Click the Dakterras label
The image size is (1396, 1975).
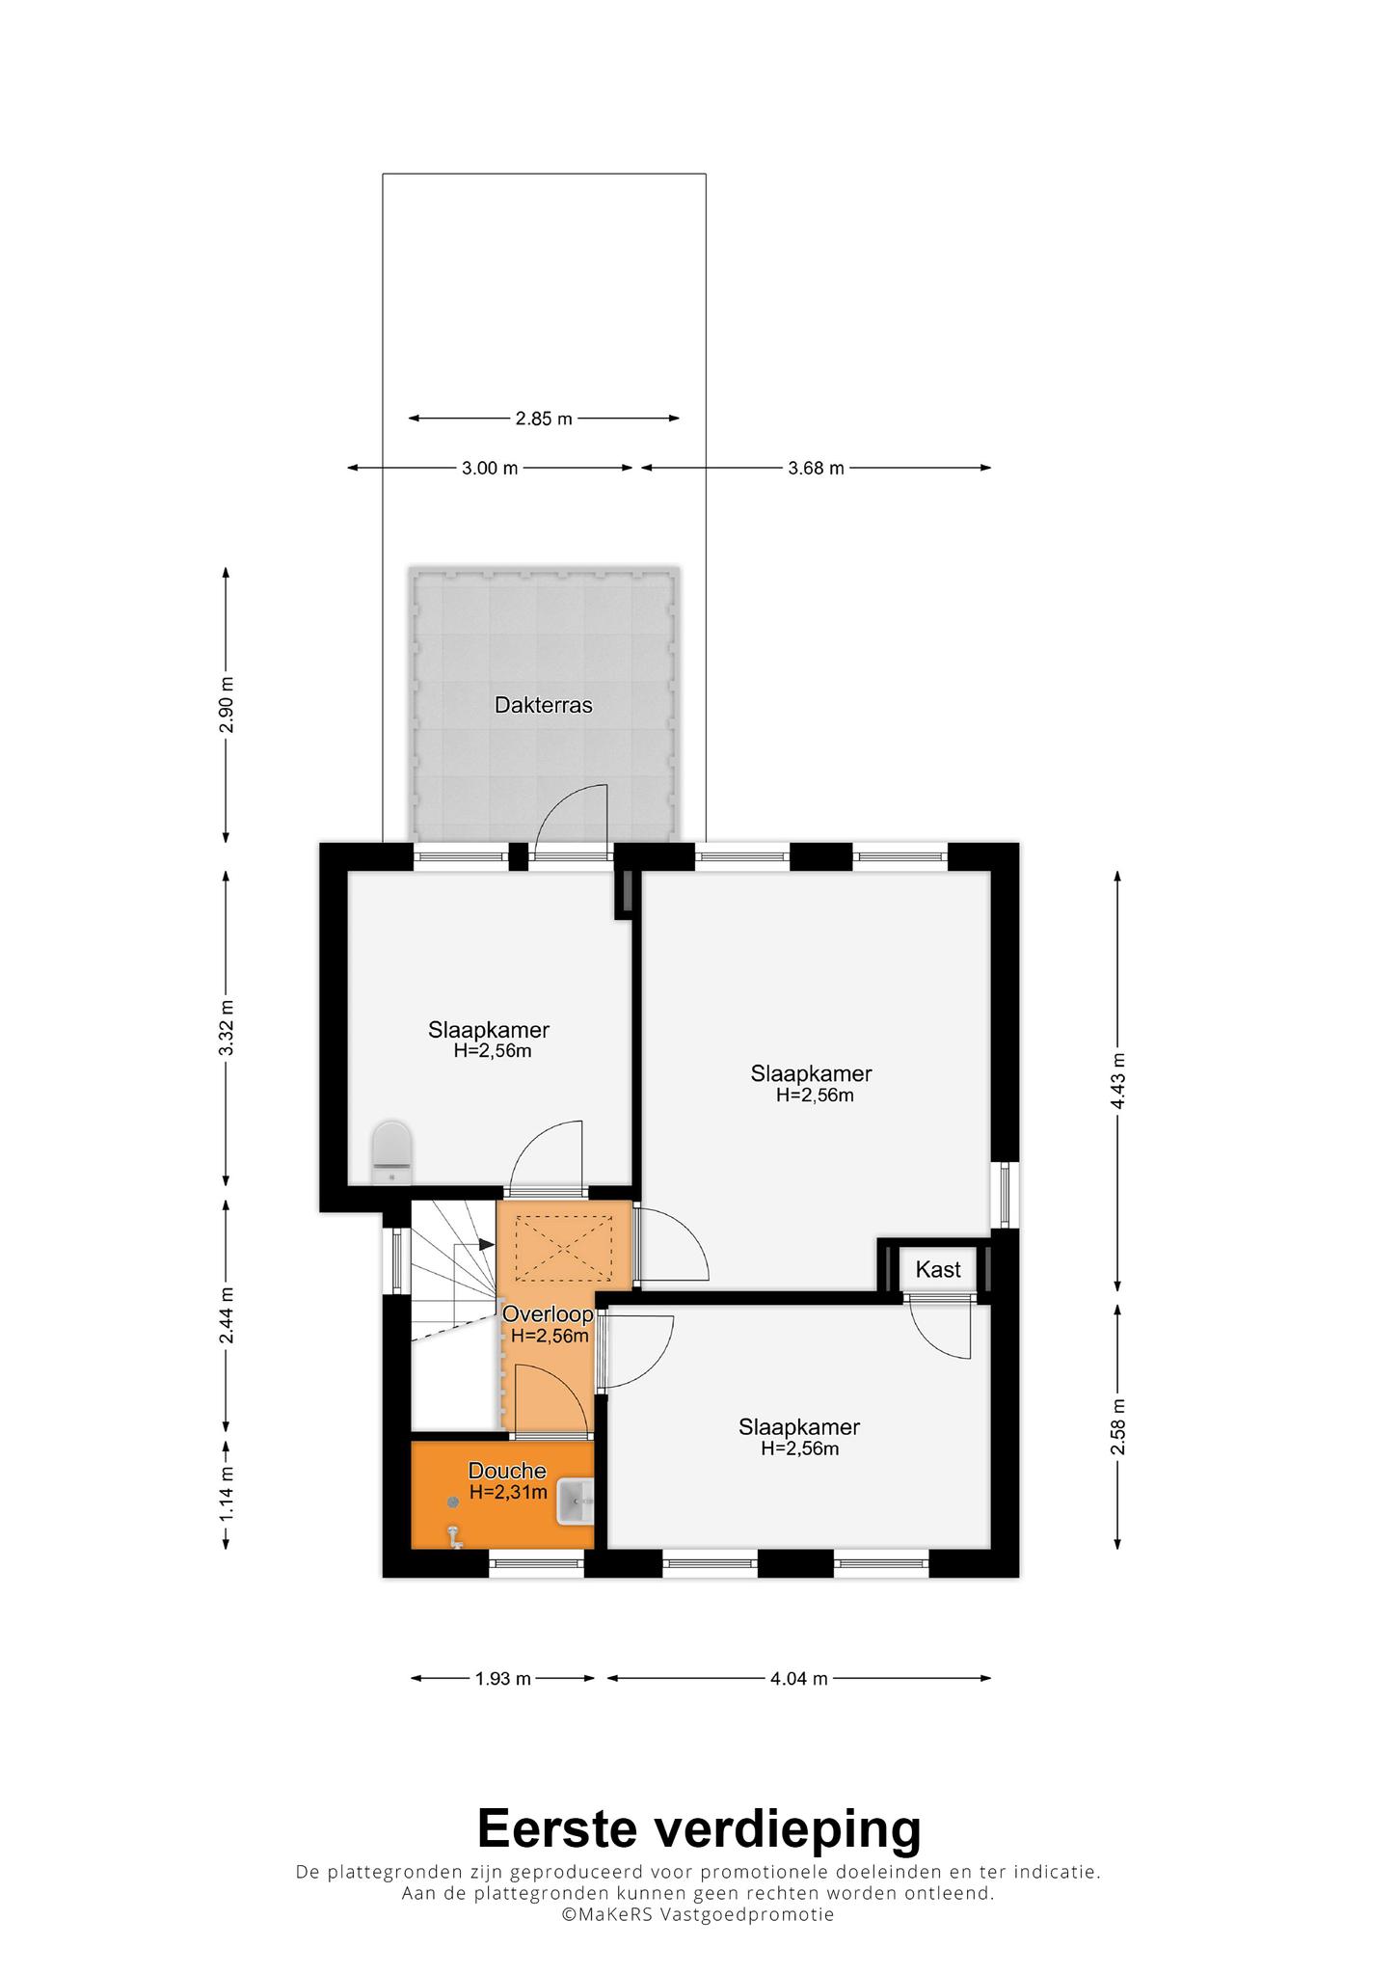click(x=544, y=705)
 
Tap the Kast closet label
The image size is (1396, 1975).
click(x=938, y=1269)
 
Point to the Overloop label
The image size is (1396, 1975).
click(x=548, y=1313)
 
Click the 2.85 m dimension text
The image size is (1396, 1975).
click(x=544, y=419)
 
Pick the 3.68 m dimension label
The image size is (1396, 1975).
click(x=816, y=469)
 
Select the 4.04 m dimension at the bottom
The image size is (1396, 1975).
click(x=799, y=1678)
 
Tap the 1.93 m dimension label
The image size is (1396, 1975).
click(x=503, y=1678)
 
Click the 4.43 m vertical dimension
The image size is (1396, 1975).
click(x=1118, y=1080)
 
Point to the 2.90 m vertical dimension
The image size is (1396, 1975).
click(x=227, y=705)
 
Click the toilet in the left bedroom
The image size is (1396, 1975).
click(x=391, y=1152)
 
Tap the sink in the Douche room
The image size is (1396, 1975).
click(x=576, y=1502)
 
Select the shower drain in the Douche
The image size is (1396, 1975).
click(x=452, y=1502)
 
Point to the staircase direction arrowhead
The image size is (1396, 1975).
click(x=487, y=1245)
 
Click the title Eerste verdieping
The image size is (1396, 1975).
click(x=699, y=1828)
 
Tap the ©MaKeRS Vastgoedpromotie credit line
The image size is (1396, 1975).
click(x=699, y=1914)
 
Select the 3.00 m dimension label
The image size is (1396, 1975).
click(x=490, y=469)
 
